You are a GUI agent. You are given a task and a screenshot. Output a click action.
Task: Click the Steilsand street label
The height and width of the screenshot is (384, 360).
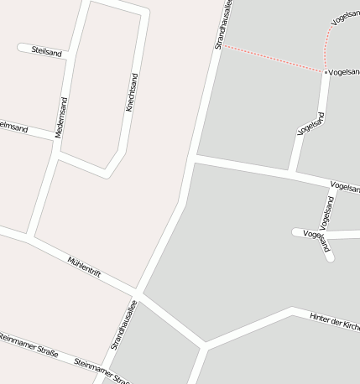(x=47, y=51)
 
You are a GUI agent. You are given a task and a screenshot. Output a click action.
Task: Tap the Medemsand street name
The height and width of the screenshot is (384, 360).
(x=61, y=117)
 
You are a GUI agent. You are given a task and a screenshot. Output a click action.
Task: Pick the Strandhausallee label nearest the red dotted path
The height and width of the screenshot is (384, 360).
(x=224, y=25)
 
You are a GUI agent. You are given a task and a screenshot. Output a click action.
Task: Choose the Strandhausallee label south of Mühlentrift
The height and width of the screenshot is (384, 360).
(x=123, y=326)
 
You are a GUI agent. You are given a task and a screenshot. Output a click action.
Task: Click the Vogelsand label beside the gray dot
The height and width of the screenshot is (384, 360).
(x=344, y=73)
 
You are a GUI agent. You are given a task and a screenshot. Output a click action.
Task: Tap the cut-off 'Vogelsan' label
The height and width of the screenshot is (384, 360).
(x=345, y=186)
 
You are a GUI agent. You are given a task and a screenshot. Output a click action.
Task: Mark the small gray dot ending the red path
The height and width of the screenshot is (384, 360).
(x=326, y=73)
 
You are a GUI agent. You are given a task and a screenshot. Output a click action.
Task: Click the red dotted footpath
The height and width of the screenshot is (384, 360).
(x=273, y=58)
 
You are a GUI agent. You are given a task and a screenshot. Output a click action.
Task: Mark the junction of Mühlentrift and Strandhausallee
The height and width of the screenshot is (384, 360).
(x=138, y=293)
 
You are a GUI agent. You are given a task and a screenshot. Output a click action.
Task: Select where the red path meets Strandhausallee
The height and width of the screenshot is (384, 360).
(x=222, y=45)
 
